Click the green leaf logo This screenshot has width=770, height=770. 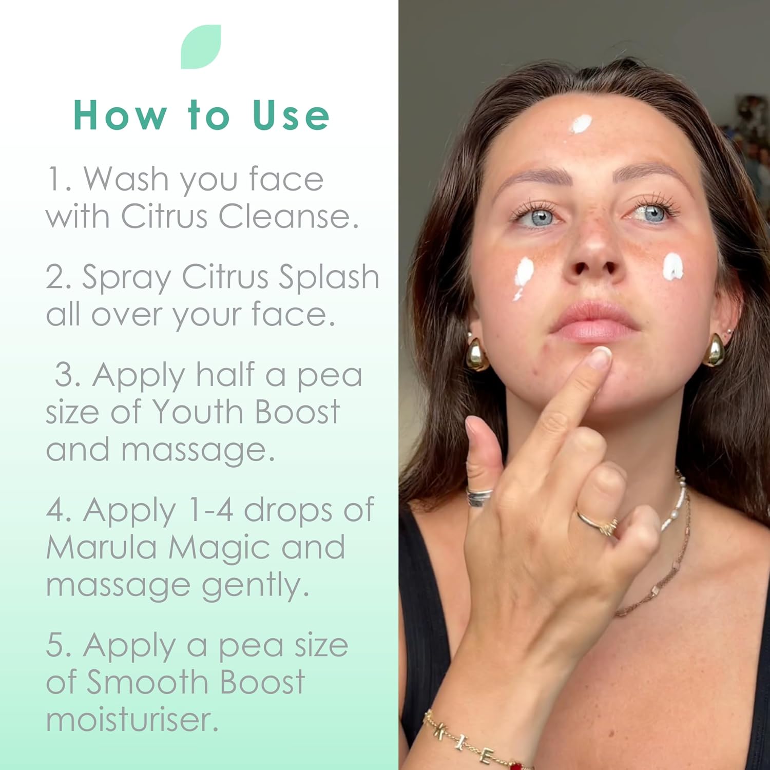pyautogui.click(x=201, y=47)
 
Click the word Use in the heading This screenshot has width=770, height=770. pyautogui.click(x=291, y=115)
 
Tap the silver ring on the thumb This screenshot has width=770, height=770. pyautogui.click(x=479, y=497)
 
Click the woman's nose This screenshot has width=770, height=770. pyautogui.click(x=594, y=246)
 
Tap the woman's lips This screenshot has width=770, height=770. pyautogui.click(x=594, y=321)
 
